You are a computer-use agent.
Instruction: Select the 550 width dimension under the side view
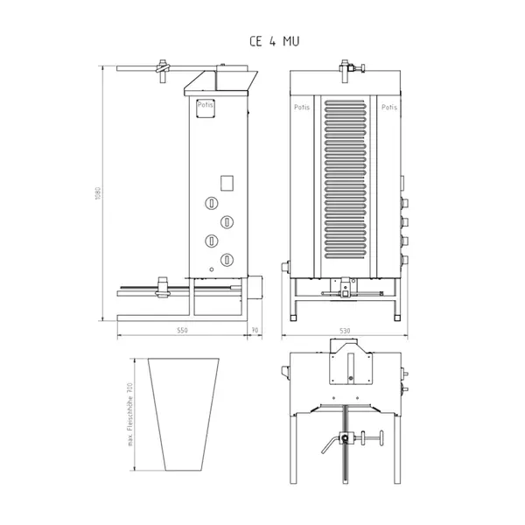tap(182, 331)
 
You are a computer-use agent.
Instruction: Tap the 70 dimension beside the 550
tap(254, 331)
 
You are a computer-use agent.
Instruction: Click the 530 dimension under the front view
tap(345, 331)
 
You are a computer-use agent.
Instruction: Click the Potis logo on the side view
tap(205, 104)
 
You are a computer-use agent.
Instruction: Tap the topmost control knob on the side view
tap(212, 204)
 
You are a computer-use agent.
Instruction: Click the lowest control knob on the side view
tap(227, 257)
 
